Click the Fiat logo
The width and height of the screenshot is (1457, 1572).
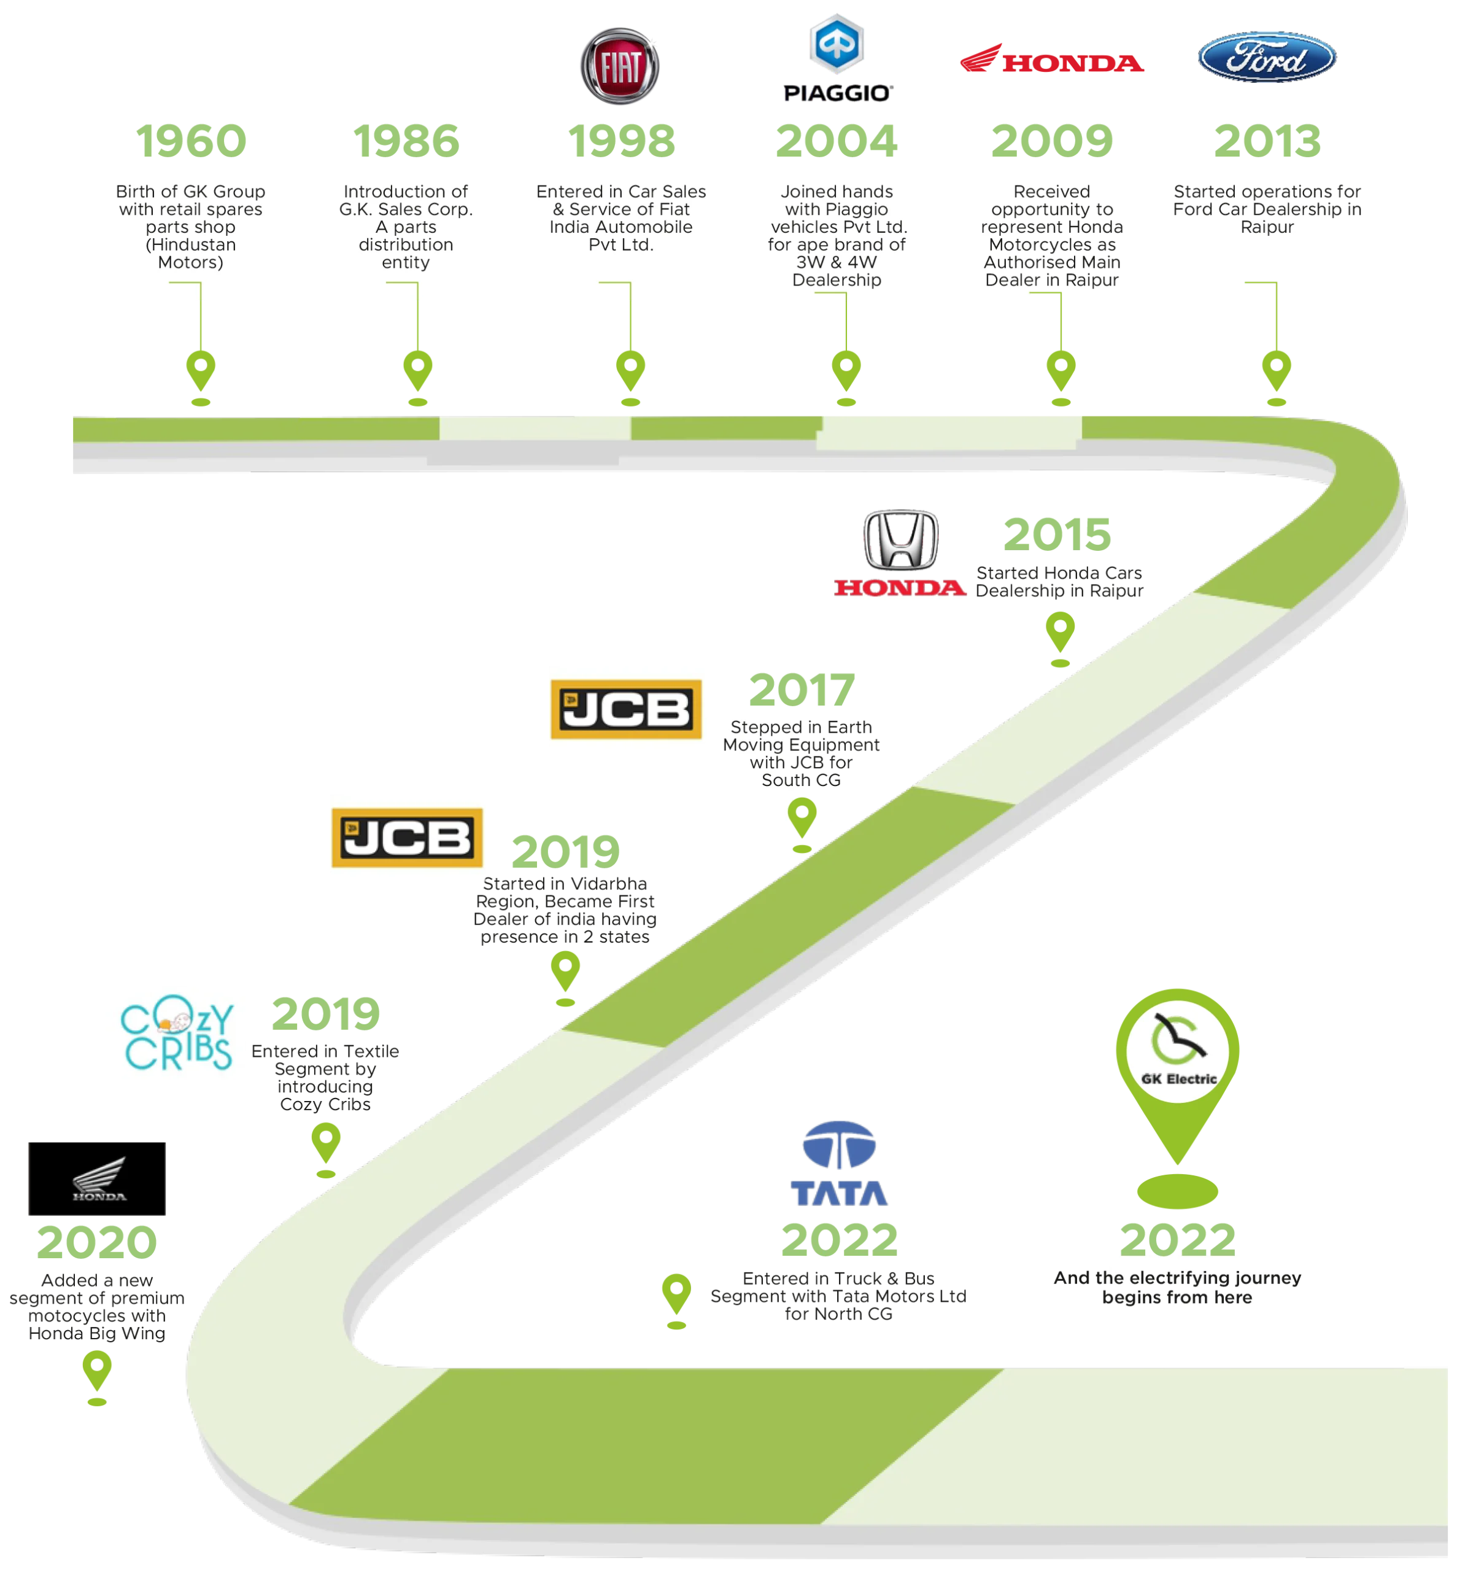pos(620,66)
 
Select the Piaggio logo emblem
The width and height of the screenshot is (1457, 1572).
pos(837,44)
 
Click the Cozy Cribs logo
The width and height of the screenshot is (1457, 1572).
pos(174,1031)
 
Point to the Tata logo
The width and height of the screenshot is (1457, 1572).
pos(838,1164)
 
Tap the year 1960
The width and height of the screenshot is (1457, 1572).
pos(191,141)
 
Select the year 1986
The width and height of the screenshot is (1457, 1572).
pos(407,141)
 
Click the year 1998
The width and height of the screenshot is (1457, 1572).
pos(621,141)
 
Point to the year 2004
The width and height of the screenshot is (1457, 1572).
pos(837,141)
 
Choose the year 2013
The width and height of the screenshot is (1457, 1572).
pos(1266,141)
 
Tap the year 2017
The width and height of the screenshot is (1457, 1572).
pos(800,691)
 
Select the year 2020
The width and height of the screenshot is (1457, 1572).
pos(96,1242)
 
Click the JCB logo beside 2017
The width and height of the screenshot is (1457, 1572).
pos(626,709)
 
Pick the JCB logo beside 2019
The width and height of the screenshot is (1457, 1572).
pos(408,837)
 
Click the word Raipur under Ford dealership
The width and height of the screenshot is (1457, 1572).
pos(1267,227)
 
